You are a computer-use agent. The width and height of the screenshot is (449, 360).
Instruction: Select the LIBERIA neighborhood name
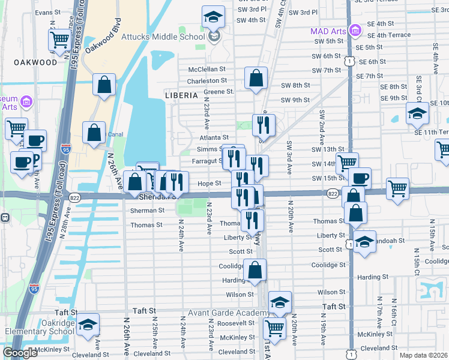coord(181,95)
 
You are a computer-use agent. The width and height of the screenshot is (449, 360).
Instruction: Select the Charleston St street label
coord(207,80)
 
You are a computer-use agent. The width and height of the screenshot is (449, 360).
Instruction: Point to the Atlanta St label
coord(215,138)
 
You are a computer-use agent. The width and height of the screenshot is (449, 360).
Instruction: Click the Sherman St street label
coord(147,211)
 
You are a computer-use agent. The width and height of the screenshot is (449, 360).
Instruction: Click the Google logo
coord(20,353)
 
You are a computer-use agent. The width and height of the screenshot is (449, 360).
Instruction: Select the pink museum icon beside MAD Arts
coord(355,29)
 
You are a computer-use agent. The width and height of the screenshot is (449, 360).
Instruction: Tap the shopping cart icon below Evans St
coord(60,40)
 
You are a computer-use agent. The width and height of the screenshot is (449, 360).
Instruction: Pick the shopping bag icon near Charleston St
coord(256,78)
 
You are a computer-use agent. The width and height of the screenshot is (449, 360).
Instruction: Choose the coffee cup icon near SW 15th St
coord(360,178)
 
